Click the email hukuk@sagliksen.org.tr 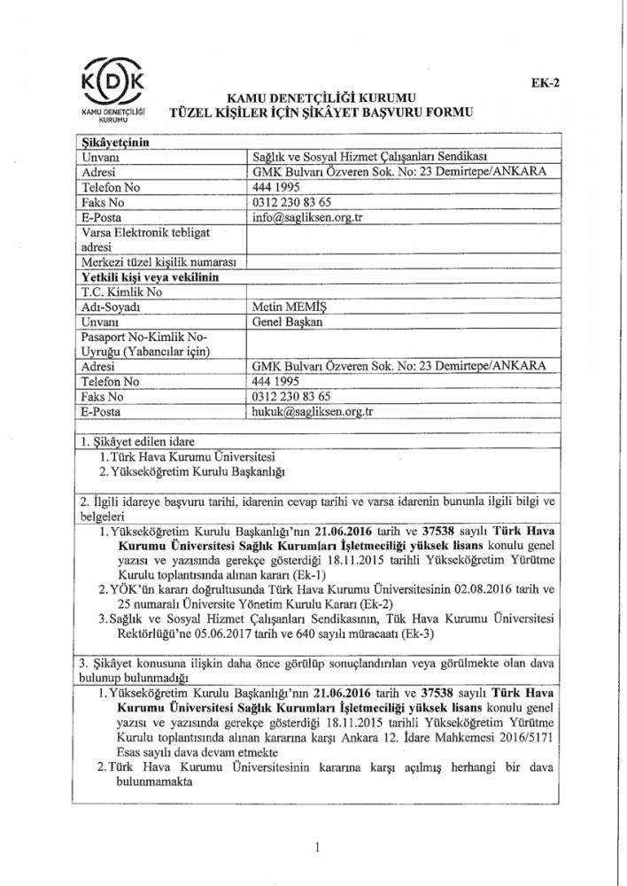[306, 411]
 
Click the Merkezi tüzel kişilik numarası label [155, 261]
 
